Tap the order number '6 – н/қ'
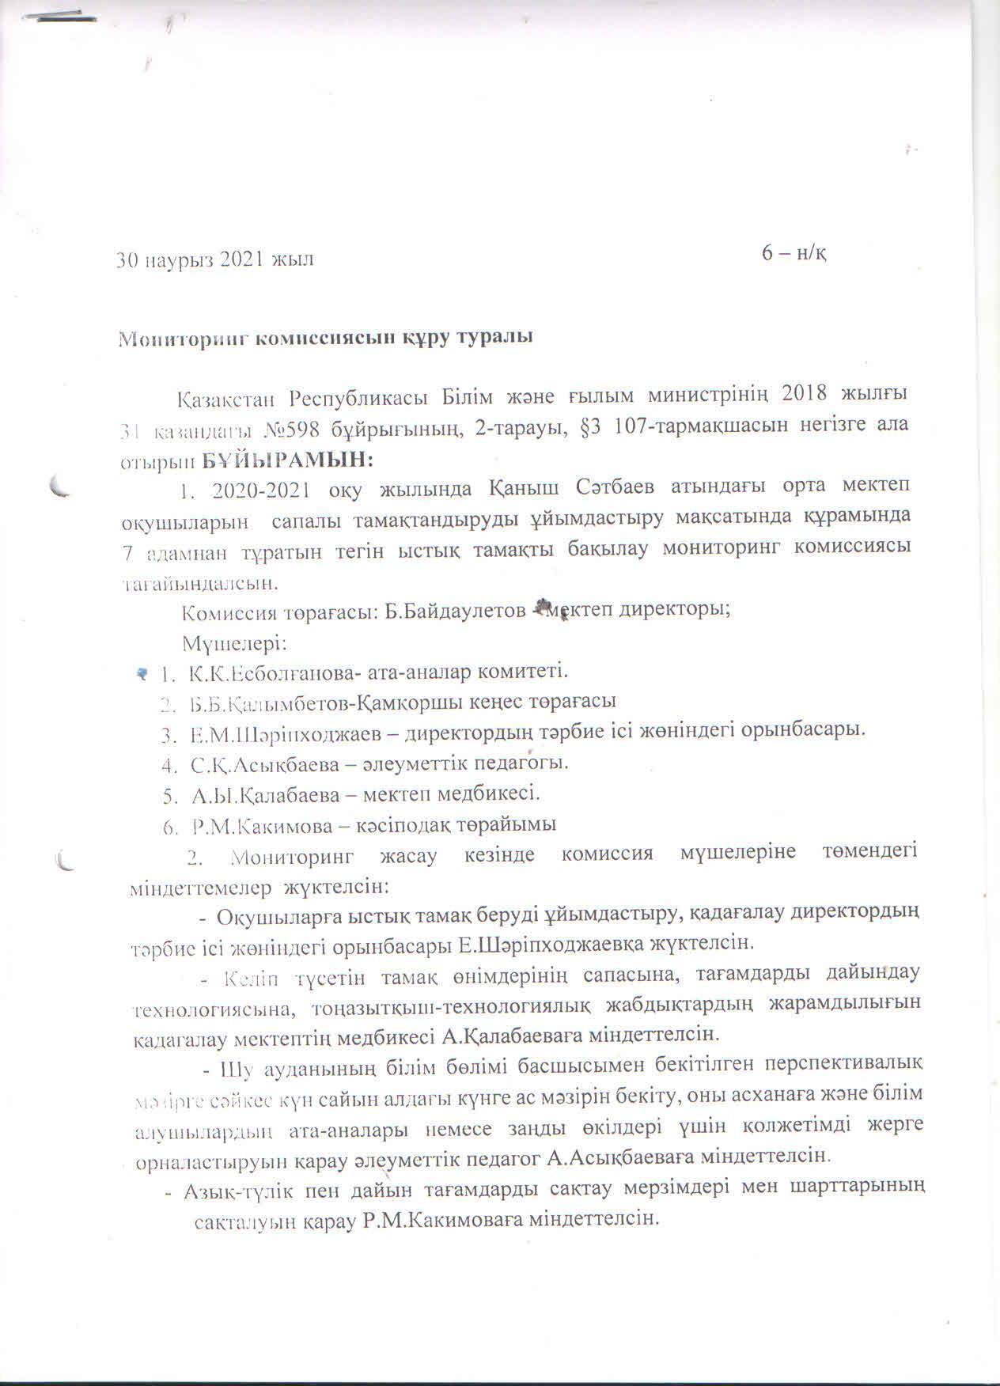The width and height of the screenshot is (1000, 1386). click(794, 252)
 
